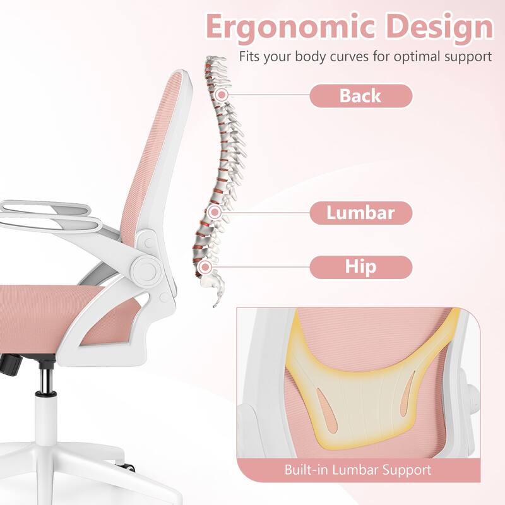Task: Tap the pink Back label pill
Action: pos(360,96)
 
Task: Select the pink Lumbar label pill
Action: pos(360,213)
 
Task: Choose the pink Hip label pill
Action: pos(360,267)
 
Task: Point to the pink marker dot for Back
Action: pos(221,95)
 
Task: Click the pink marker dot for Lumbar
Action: pos(214,212)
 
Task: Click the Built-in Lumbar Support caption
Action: pos(357,470)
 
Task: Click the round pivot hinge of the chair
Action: pos(146,270)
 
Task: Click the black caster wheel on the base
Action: pos(128,467)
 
